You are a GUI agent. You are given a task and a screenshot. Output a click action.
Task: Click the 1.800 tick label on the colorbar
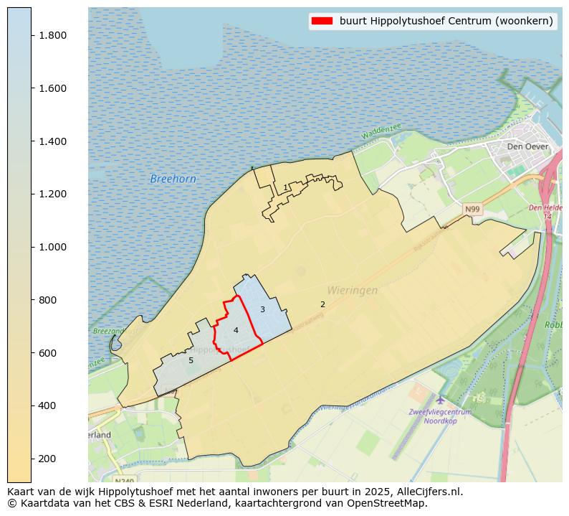click(x=53, y=35)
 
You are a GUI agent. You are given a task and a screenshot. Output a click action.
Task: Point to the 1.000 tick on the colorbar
click(x=53, y=247)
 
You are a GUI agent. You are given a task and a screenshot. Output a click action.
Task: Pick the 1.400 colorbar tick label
click(x=53, y=141)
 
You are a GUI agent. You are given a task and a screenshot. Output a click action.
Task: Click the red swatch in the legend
click(x=322, y=21)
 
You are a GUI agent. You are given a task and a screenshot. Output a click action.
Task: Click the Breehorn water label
click(x=173, y=179)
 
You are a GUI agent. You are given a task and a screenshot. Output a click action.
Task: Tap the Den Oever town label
click(x=527, y=146)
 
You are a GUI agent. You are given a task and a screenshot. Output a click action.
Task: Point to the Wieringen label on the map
click(x=352, y=291)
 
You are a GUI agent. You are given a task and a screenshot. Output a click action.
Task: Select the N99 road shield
click(x=472, y=210)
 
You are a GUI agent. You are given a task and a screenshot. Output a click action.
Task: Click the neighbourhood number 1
click(x=285, y=187)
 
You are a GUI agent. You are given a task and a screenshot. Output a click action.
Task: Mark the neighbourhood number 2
click(x=322, y=304)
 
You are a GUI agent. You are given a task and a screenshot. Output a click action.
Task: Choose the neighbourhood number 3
click(x=262, y=309)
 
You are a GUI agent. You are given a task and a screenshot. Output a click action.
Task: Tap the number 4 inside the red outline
click(x=236, y=330)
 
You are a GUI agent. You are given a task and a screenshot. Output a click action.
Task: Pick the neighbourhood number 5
click(x=191, y=360)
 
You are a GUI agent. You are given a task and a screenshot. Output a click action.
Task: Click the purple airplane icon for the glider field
click(x=439, y=399)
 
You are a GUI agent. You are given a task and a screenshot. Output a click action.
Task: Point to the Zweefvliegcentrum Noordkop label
click(x=440, y=416)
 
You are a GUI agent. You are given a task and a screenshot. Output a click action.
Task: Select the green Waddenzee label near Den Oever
click(x=381, y=132)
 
